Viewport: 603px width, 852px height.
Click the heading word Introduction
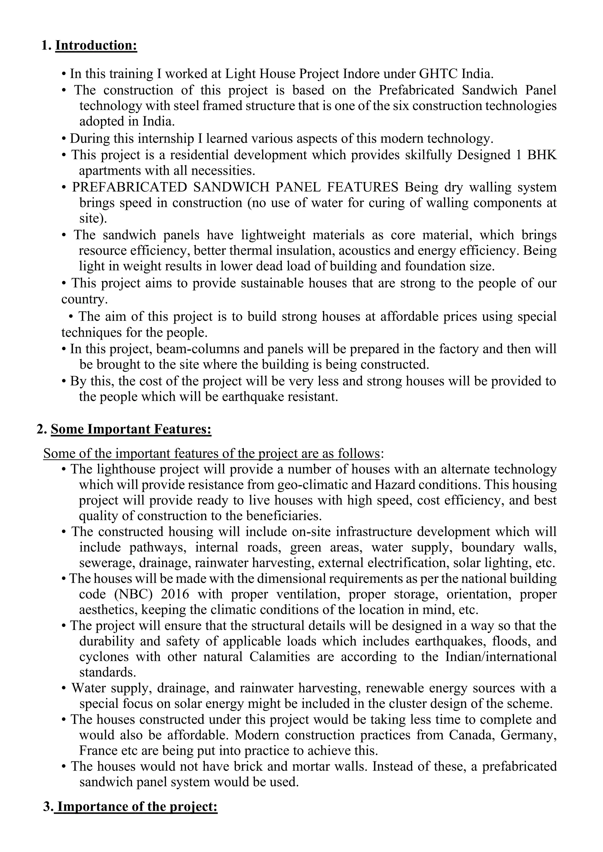pos(96,46)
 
